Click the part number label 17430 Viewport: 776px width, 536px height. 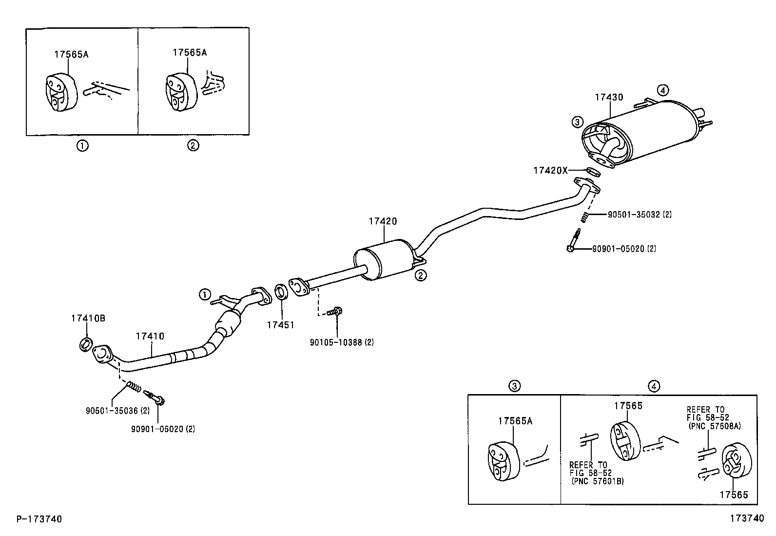(x=609, y=98)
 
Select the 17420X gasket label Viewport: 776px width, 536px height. (x=550, y=170)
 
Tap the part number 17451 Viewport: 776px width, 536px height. (x=280, y=324)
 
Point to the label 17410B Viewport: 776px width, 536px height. (x=88, y=318)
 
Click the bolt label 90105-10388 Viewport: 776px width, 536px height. (x=341, y=342)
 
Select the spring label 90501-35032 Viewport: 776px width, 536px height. (x=639, y=214)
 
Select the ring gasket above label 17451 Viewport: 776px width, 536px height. (x=281, y=292)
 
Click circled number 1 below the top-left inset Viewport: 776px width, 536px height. (x=82, y=145)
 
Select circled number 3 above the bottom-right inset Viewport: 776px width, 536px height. (x=514, y=386)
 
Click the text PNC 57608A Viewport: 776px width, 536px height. (x=715, y=426)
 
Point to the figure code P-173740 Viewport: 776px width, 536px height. (x=39, y=519)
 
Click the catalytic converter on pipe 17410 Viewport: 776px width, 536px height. (x=227, y=323)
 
